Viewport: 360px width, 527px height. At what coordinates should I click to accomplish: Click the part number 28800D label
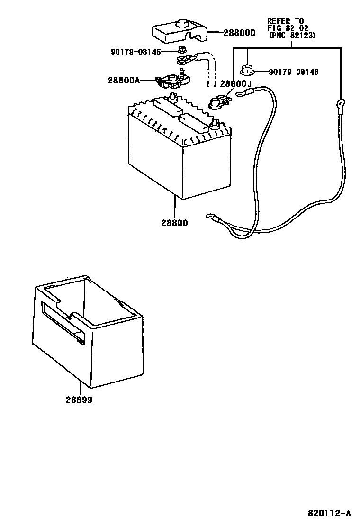tap(239, 33)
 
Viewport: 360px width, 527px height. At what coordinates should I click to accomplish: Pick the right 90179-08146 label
tap(294, 72)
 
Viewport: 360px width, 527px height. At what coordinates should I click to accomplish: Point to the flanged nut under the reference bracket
tap(246, 70)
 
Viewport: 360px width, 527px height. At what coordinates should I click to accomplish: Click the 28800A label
tap(124, 80)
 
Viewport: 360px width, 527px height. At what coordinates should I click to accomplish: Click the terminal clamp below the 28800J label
tap(218, 101)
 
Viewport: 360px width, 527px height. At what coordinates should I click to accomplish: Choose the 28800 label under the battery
tap(175, 223)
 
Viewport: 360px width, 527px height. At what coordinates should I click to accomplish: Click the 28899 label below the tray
tap(79, 400)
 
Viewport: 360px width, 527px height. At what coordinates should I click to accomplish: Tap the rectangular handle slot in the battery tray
tap(63, 322)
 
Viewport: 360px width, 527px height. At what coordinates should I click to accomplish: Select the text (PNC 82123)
tap(291, 35)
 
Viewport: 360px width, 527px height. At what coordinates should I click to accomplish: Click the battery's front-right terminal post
tap(214, 125)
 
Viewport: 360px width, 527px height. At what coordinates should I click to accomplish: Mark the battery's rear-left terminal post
tap(172, 98)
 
